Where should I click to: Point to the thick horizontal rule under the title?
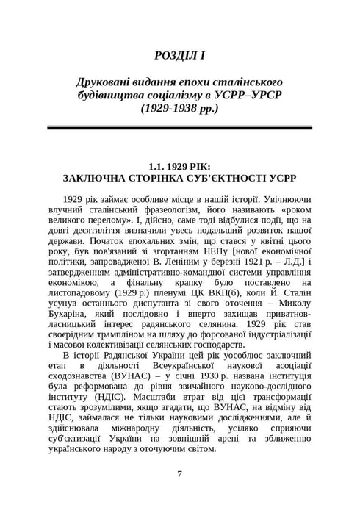click(179, 127)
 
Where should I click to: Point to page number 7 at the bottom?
click(179, 474)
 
